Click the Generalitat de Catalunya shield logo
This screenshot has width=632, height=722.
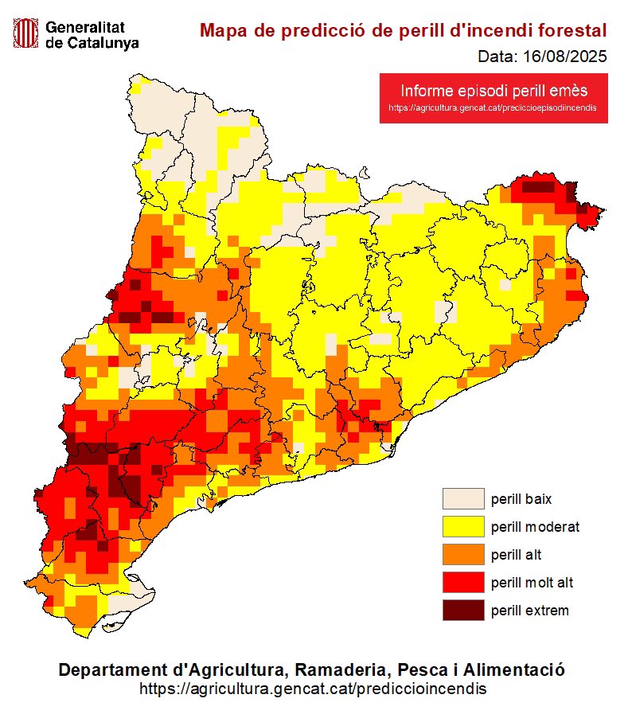coord(26,33)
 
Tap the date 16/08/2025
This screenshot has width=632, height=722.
coord(564,57)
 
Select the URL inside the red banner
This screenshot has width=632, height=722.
coord(493,107)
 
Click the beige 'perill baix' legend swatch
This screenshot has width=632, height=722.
coord(463,499)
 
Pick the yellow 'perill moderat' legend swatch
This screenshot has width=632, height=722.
coord(463,527)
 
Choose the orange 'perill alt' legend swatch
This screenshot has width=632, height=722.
coord(463,555)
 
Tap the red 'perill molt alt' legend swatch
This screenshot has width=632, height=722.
coord(463,583)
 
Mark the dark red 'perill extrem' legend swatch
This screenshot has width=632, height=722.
coord(463,611)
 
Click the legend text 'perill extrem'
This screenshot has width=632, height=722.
coord(529,611)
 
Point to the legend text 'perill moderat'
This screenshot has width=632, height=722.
coord(535,527)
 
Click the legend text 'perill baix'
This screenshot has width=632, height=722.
coord(521,499)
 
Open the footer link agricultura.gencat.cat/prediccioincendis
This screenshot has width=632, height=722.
coord(313,688)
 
